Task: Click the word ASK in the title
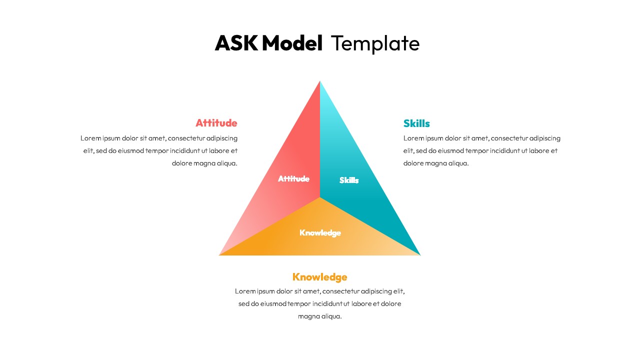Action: click(x=236, y=43)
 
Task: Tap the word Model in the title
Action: click(x=292, y=43)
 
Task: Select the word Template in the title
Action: click(x=375, y=43)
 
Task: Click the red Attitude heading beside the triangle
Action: click(x=216, y=123)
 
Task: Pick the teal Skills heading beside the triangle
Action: click(x=416, y=123)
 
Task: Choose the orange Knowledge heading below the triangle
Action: click(x=319, y=277)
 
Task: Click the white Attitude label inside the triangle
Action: click(x=293, y=178)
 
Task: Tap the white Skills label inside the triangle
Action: click(x=349, y=180)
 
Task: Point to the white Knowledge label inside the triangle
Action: click(x=320, y=232)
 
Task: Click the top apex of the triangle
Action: click(x=320, y=81)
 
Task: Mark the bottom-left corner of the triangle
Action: click(x=220, y=255)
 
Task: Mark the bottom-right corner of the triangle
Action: click(x=420, y=255)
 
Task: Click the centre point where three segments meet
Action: click(x=320, y=197)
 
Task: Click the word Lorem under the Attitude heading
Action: click(x=90, y=138)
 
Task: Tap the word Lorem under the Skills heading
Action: click(x=413, y=138)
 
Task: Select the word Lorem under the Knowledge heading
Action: click(x=245, y=291)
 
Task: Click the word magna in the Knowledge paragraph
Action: click(x=308, y=316)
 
